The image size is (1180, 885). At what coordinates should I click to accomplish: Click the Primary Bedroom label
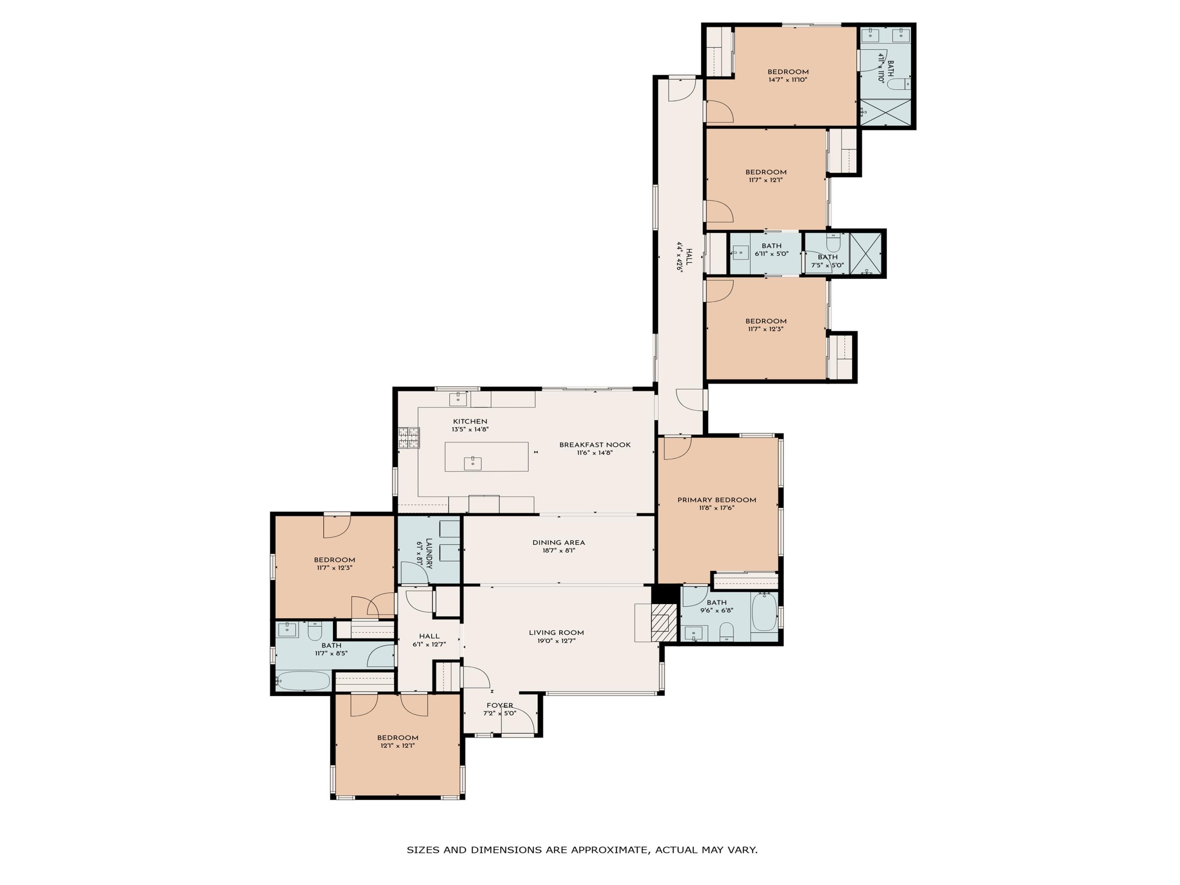pos(716,500)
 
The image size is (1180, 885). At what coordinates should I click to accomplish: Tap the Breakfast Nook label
pos(595,445)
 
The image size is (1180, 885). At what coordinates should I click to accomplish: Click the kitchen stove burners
pos(409,437)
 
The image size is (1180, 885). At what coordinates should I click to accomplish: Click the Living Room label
pos(557,632)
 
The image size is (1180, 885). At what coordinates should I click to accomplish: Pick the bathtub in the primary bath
pos(764,612)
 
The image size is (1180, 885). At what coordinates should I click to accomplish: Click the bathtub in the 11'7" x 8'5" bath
pos(303,681)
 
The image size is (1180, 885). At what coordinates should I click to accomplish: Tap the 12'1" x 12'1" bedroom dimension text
pos(397,746)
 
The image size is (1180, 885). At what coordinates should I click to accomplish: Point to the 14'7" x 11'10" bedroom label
pos(788,72)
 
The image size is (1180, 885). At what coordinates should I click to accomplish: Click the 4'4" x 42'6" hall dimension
pos(680,256)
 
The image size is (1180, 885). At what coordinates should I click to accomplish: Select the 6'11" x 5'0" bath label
pos(771,246)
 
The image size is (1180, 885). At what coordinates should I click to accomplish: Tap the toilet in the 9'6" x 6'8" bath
pos(726,632)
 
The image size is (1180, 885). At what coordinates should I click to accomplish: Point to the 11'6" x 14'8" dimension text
pos(595,453)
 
